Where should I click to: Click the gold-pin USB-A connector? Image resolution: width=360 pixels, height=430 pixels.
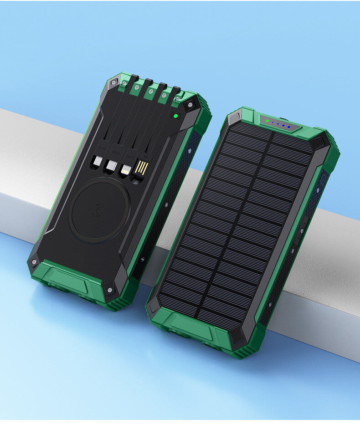coord(141,168)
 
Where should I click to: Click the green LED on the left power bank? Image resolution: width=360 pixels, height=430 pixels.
coord(174,116)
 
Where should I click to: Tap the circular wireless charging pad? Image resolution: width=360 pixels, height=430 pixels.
coord(100,210)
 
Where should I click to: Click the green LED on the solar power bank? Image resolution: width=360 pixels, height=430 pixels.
coord(267,121)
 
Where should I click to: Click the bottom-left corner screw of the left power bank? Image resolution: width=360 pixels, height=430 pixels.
coord(34,262)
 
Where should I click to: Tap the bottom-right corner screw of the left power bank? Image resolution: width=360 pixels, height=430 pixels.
coord(110,289)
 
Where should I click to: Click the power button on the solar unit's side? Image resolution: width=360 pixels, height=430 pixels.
coord(323,179)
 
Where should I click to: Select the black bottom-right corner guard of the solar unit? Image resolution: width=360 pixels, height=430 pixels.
coord(238,338)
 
